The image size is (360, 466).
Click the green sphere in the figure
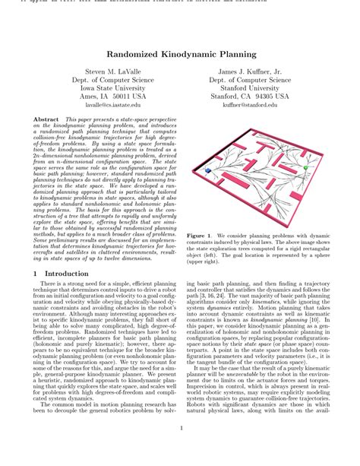[x=305, y=166]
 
